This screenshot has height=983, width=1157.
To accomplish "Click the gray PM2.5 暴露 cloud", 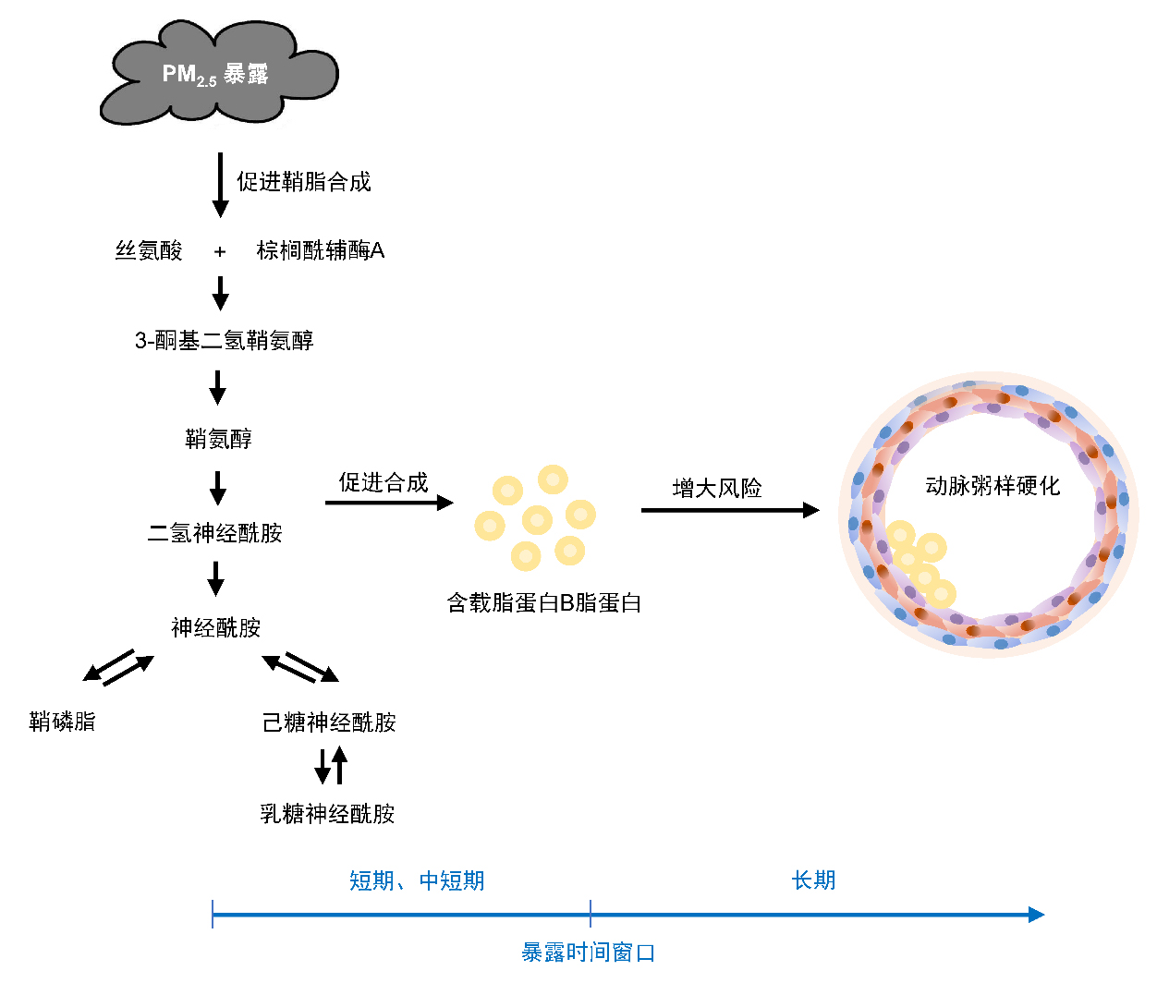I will pos(218,74).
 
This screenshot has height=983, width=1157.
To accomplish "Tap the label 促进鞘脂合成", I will pos(303,182).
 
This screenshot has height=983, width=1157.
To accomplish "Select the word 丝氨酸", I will pos(149,250).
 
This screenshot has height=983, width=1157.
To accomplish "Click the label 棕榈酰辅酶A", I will pos(320,250).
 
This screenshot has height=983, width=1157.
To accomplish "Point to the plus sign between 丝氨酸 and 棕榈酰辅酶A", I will pos(220,251).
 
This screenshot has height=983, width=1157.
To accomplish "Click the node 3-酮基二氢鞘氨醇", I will pos(224,341).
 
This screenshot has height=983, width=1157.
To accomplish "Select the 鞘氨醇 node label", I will pos(218,439).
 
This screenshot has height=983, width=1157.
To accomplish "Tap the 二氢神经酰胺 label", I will pos(214,533).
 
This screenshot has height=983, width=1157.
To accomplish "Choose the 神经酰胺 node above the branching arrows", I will pos(215,628).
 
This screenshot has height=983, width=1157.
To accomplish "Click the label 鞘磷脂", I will pos(62,722).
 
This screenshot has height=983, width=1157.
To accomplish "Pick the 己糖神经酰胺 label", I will pos(329,722).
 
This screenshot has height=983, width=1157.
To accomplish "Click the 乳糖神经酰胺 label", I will pos(327,814).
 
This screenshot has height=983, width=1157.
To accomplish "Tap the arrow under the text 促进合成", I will pos(388,503).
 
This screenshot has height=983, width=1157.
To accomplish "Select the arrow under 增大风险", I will pos(729,510).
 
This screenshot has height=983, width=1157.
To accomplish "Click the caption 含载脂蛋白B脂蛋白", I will pos(543,603).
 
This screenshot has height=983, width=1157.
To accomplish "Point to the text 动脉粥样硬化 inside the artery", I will pos(993,486).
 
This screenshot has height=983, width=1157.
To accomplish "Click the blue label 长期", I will pos(813,880).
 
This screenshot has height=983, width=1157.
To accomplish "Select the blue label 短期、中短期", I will pos(416,880).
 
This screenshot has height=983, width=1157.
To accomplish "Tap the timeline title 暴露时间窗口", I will pos(588,953).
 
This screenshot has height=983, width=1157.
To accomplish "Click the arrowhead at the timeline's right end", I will pos(1037,915).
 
